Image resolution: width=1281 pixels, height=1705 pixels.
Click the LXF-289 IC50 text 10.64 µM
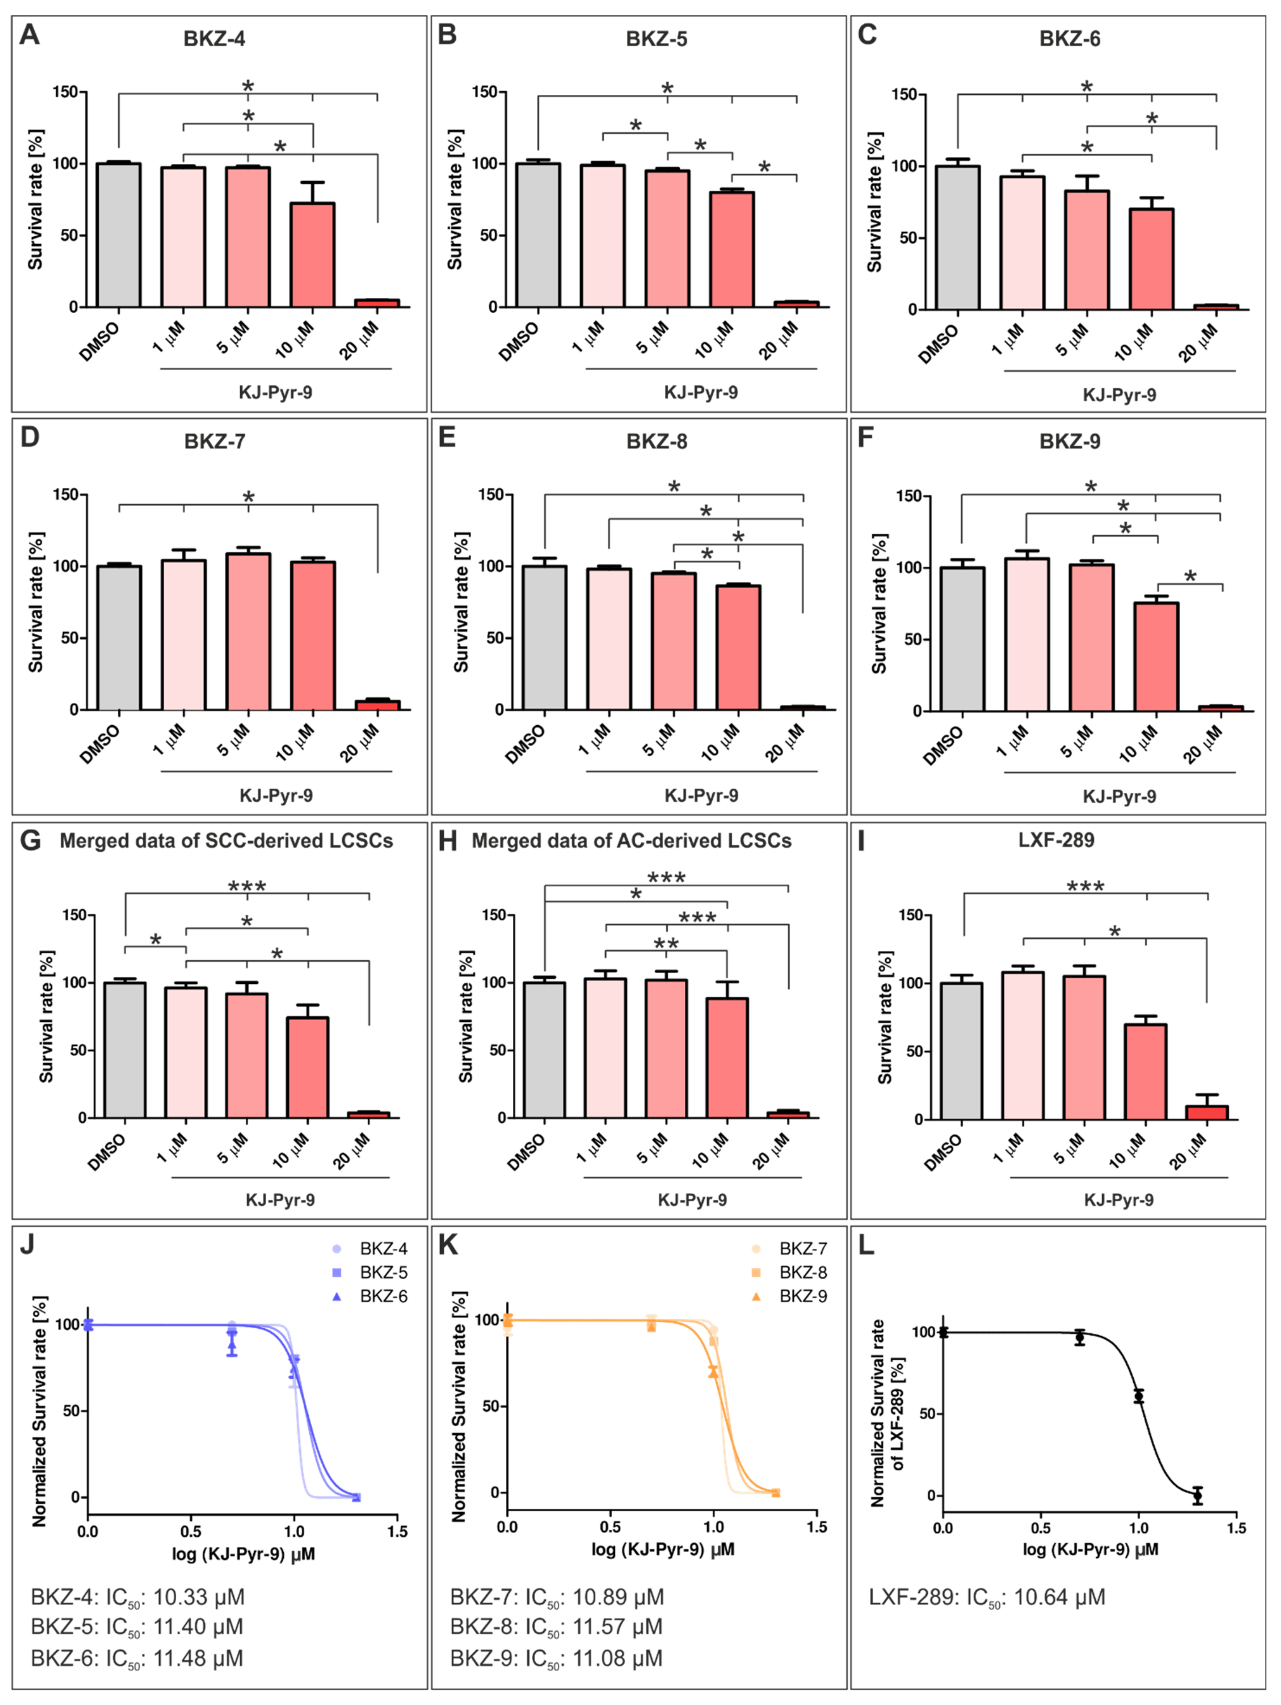click(987, 1596)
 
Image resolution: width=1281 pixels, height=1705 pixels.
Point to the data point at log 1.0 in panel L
click(1138, 1396)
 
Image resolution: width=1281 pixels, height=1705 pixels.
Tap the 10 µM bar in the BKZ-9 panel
click(1155, 657)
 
